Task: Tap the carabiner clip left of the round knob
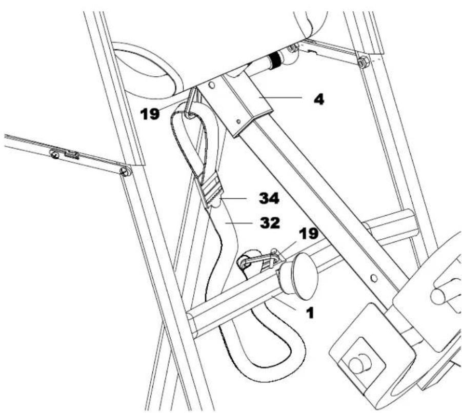259,260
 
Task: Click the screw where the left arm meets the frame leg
124,171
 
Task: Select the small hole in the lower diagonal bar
374,277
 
